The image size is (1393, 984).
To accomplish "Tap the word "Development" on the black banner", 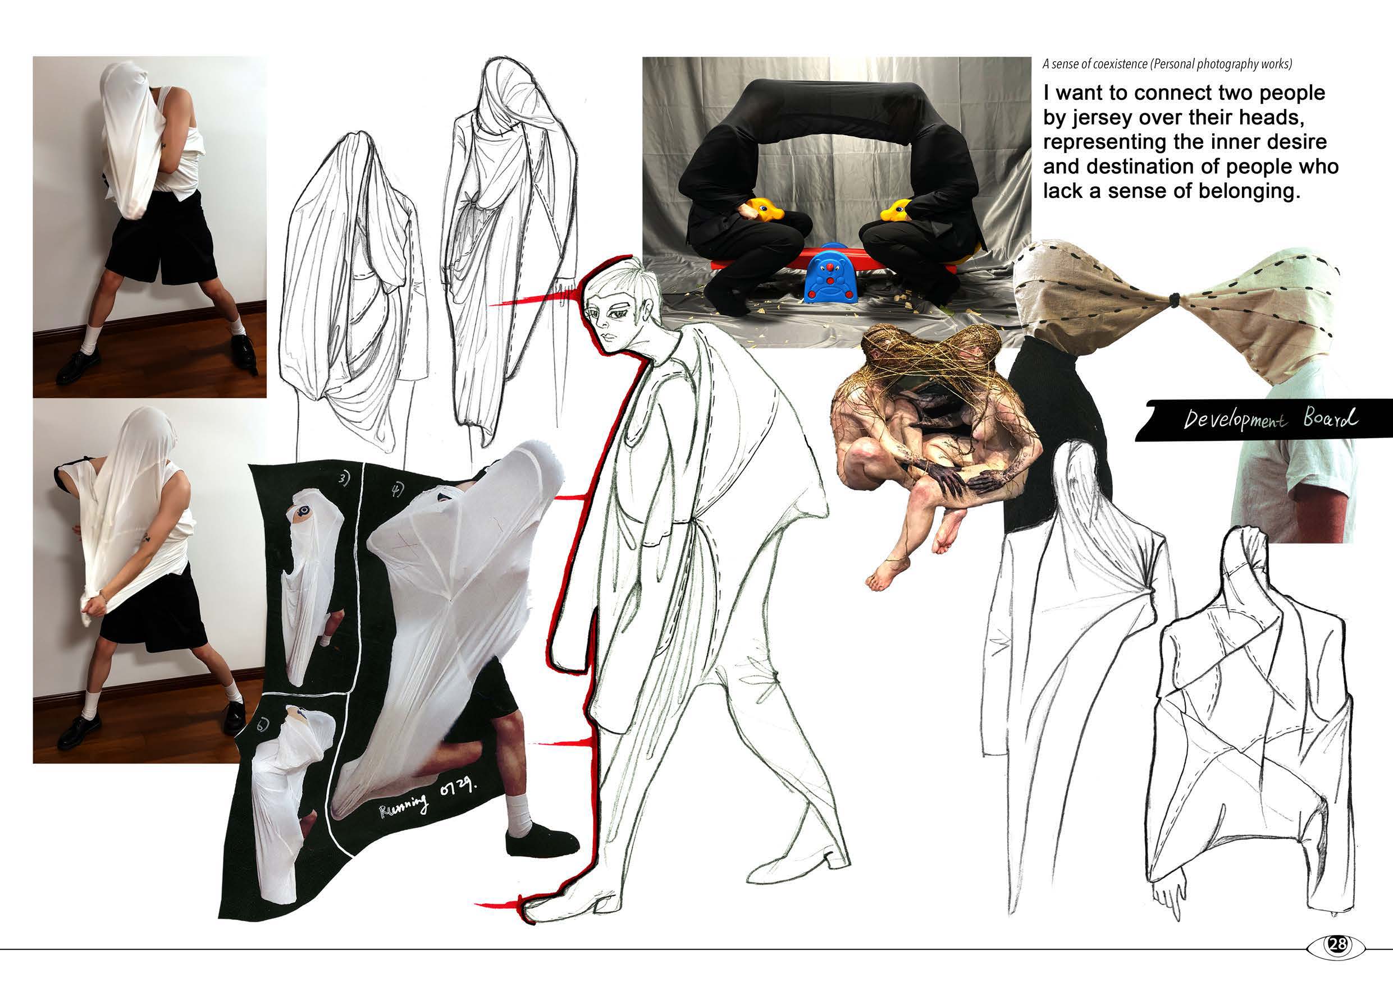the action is [1234, 420].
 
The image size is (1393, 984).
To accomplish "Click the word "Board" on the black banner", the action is [1330, 418].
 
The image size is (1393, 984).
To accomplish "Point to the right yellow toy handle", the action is [897, 210].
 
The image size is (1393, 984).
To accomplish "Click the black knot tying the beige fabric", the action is [1175, 299].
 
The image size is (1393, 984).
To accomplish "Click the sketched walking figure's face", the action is [613, 316].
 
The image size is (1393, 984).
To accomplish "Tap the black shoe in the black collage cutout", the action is [541, 843].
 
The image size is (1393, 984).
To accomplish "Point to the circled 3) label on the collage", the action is [345, 480].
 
